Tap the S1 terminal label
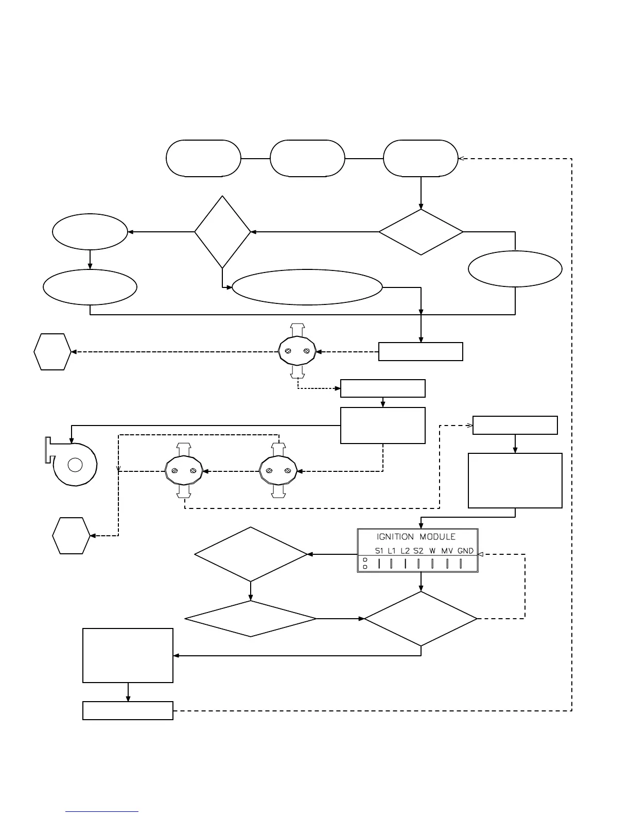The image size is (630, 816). pos(379,551)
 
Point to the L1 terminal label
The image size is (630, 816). pos(392,551)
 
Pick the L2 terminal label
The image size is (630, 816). pos(405,551)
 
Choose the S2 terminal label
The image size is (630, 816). pos(418,551)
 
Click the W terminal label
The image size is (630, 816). pos(432,551)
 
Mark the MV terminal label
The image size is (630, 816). pos(447,551)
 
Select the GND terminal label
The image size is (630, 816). pos(465,551)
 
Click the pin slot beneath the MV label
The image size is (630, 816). pos(447,564)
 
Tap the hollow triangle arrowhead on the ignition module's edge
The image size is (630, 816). pos(480,554)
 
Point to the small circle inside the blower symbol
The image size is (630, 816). pos(75,465)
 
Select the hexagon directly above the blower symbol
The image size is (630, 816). pos(52,352)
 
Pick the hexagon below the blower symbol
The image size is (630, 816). pos(71,536)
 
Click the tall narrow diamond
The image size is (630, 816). pos(222,232)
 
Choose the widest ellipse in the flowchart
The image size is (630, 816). pos(307,287)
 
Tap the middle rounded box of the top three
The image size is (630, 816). pos(307,158)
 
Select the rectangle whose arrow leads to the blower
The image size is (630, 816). pos(383,426)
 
